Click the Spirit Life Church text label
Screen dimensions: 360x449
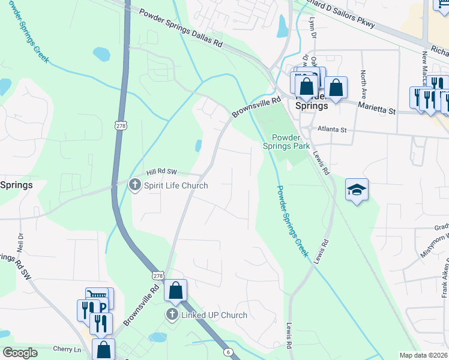176,185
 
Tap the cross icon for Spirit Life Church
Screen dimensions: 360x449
136,185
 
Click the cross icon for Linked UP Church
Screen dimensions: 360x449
172,315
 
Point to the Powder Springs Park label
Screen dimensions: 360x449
286,141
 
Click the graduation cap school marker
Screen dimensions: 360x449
357,190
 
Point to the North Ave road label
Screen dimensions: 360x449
364,85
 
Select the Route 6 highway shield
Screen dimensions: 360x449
228,352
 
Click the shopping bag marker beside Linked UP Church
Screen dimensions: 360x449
175,291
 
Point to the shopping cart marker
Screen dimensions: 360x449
97,295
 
